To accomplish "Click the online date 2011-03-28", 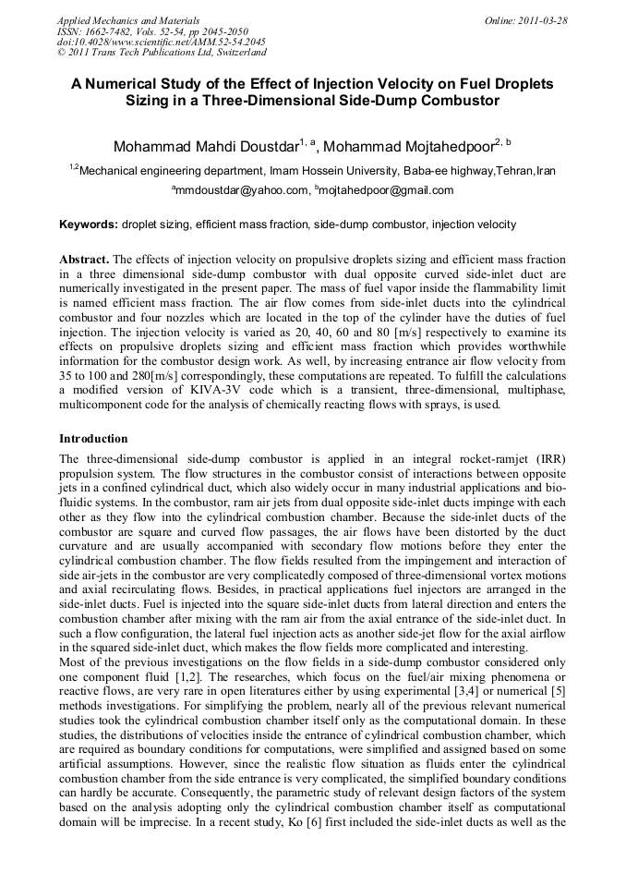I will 543,20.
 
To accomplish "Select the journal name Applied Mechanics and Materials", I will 128,20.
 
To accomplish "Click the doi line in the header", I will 161,42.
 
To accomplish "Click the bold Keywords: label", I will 89,225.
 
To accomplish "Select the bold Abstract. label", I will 84,261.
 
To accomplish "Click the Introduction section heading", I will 93,438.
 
